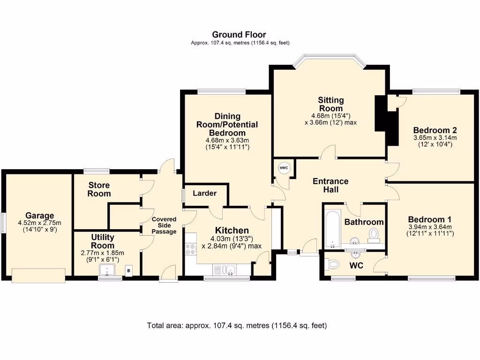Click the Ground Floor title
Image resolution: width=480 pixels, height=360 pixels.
click(239, 34)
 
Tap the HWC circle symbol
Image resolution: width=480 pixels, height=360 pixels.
click(284, 168)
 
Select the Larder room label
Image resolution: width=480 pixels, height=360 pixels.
click(205, 193)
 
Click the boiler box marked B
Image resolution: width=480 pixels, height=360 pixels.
click(129, 270)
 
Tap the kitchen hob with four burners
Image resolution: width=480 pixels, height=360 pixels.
click(191, 250)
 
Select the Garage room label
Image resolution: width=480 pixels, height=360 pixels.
click(40, 216)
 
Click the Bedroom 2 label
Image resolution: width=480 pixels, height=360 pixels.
click(435, 130)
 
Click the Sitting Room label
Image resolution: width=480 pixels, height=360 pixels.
click(331, 104)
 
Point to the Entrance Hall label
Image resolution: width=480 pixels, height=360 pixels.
click(331, 185)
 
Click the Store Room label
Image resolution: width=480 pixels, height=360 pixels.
click(99, 189)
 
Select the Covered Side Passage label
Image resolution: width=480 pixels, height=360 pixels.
click(164, 225)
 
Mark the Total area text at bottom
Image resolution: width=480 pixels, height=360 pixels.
click(237, 325)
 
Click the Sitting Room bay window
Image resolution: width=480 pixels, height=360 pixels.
click(328, 60)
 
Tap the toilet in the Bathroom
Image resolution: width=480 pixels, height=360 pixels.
click(374, 234)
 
